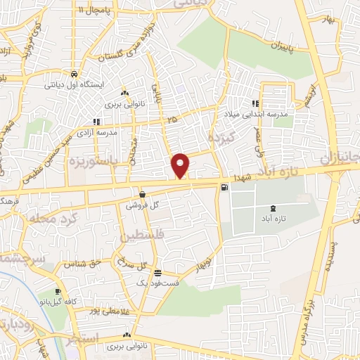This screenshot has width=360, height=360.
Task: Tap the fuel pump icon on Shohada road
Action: click(x=224, y=187)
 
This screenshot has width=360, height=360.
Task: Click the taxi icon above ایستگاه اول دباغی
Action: click(x=74, y=74)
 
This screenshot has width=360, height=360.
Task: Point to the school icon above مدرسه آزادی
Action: click(x=96, y=122)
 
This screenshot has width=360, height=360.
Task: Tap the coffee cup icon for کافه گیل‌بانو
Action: click(x=58, y=291)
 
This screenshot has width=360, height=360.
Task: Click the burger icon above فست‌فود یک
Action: click(x=158, y=272)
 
